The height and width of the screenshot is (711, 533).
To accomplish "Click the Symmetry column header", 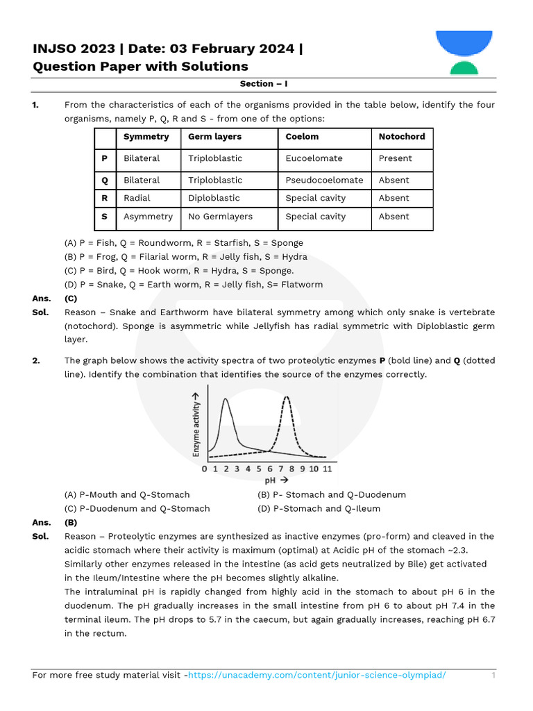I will [x=146, y=137].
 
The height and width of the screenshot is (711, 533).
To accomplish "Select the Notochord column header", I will [x=401, y=137].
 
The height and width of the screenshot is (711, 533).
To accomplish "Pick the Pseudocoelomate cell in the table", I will [x=324, y=180].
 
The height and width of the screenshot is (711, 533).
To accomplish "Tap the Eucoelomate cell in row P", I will [x=314, y=158].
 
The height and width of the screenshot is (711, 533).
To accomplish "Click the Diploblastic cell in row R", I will [x=214, y=198].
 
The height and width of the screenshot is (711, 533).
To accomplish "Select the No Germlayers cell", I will [x=220, y=217].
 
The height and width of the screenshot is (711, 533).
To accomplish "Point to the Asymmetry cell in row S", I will [x=148, y=217].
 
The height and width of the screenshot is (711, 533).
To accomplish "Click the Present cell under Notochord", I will [x=395, y=158].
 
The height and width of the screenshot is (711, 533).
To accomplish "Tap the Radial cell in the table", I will [x=137, y=198].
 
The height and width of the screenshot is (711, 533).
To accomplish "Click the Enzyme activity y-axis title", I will [x=196, y=428].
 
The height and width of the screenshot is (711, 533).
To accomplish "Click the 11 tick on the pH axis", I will [x=327, y=469].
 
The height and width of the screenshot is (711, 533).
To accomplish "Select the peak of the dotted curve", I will [x=287, y=399].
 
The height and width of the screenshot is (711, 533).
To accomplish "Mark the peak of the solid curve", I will [x=226, y=399].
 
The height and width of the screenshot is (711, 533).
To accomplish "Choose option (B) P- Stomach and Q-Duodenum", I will [x=331, y=494].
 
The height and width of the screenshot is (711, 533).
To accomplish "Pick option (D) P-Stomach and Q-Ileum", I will [x=319, y=508].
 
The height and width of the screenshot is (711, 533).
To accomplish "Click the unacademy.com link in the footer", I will [x=316, y=675].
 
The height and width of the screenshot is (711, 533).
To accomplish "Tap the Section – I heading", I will [x=264, y=83].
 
